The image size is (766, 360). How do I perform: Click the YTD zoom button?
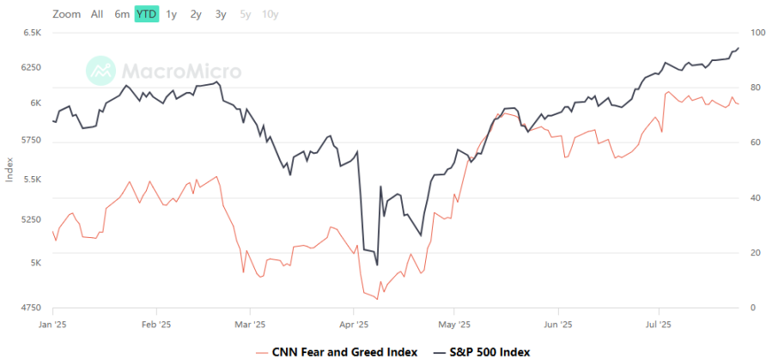click(x=146, y=14)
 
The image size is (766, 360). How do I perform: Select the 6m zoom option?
click(x=122, y=14)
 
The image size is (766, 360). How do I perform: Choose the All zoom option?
click(x=97, y=14)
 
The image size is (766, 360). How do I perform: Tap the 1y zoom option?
click(x=172, y=14)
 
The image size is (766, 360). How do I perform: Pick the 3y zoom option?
click(x=221, y=14)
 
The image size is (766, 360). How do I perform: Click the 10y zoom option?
click(x=270, y=14)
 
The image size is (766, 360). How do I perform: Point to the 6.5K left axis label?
click(x=32, y=33)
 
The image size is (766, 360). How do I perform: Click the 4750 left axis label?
click(x=29, y=308)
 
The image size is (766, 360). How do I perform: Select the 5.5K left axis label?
click(x=32, y=180)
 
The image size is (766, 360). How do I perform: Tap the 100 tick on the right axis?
click(x=757, y=33)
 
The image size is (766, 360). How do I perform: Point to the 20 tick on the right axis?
click(x=755, y=253)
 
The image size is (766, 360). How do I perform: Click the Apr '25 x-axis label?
click(x=354, y=324)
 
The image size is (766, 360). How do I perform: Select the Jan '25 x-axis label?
click(x=53, y=324)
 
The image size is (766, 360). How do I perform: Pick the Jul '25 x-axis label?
click(x=658, y=324)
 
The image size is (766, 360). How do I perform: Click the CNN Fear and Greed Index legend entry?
click(x=336, y=351)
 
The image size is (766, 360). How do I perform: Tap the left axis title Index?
click(x=9, y=169)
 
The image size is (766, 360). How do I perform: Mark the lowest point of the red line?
click(x=377, y=299)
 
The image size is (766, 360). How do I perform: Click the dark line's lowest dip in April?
click(x=377, y=265)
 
